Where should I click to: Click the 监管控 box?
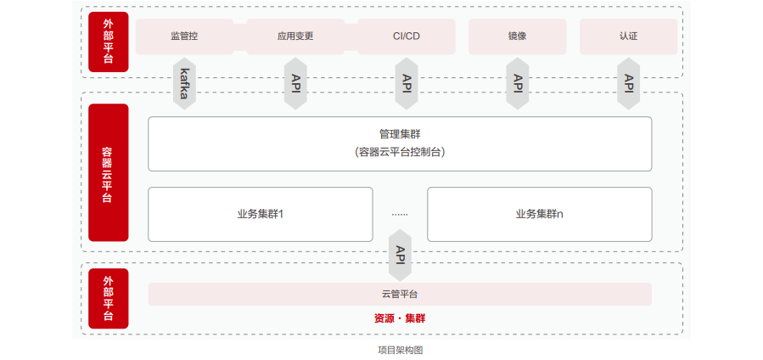click(184, 37)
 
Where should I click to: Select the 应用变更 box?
click(295, 37)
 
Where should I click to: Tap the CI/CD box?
click(407, 37)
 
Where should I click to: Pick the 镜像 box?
click(517, 37)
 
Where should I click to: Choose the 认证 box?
click(628, 37)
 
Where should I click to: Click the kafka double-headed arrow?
click(184, 83)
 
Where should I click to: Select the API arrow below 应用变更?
click(295, 83)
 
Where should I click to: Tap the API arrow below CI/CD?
click(407, 83)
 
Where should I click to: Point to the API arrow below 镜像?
click(517, 83)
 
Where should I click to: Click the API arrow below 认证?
click(628, 83)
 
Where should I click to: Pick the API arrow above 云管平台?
click(400, 255)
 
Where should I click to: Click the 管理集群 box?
click(400, 143)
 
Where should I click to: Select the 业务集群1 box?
click(260, 214)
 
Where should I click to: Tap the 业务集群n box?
click(539, 214)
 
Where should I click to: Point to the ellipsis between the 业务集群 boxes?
click(400, 215)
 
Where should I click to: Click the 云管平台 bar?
click(400, 294)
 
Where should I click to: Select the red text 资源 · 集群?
click(400, 318)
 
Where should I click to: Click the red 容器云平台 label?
click(109, 173)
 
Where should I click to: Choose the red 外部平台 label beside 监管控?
click(109, 42)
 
